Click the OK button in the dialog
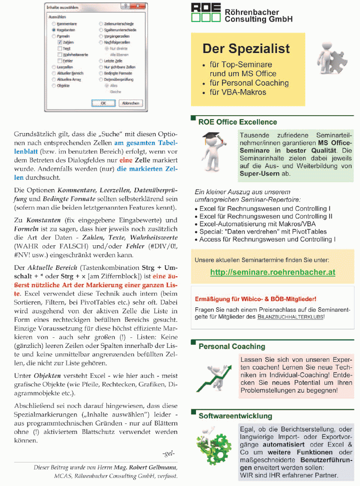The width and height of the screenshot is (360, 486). [x=103, y=103]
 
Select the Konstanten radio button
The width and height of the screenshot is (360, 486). [x=54, y=30]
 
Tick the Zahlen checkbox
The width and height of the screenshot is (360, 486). [x=60, y=43]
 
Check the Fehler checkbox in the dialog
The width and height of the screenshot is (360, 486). [x=60, y=61]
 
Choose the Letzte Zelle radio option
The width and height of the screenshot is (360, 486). [x=100, y=61]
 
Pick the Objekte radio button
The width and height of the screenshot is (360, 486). [x=54, y=86]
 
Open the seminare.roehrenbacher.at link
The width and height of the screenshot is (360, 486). [x=272, y=272]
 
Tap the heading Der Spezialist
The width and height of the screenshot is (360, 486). [x=246, y=49]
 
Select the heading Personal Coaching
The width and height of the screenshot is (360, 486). [x=231, y=346]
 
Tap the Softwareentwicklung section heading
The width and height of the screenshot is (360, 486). [x=235, y=416]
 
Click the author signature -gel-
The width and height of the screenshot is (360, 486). [x=168, y=453]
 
